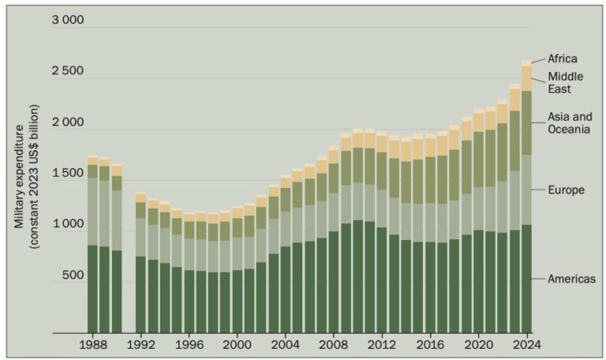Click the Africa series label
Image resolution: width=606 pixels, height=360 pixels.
click(x=564, y=58)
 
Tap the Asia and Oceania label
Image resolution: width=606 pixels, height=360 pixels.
click(x=570, y=123)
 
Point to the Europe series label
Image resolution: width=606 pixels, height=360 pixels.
click(x=567, y=190)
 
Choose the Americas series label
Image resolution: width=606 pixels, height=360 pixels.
click(x=572, y=279)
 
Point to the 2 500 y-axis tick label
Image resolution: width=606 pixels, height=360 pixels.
click(x=67, y=72)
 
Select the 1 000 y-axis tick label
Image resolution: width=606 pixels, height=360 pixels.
click(x=67, y=225)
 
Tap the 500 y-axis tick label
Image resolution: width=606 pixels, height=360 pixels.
click(x=72, y=276)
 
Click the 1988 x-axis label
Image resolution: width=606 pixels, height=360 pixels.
click(x=93, y=346)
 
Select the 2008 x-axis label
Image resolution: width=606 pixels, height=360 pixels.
click(x=333, y=346)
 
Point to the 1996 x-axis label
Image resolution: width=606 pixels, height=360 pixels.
click(x=189, y=346)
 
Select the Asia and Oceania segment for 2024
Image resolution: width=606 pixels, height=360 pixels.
click(x=526, y=123)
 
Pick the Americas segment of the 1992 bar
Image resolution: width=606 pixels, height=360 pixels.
click(x=140, y=294)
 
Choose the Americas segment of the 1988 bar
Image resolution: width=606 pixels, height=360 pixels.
click(x=92, y=289)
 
